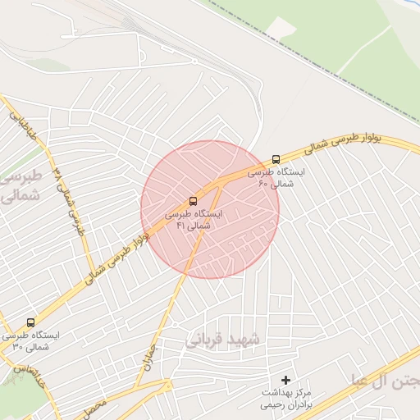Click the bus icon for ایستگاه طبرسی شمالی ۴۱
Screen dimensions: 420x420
tap(194, 200)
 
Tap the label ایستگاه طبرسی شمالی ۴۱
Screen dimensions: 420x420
tap(194, 219)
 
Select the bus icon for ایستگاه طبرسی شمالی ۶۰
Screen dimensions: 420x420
tap(276, 159)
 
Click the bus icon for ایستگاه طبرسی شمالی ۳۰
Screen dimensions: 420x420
tap(31, 322)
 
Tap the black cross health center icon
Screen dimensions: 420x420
tap(285, 380)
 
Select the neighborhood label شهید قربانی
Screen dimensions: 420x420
tap(222, 340)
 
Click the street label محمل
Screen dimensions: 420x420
tap(96, 404)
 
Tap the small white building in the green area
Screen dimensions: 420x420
tap(281, 27)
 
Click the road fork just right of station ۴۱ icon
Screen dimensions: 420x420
tap(222, 182)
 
